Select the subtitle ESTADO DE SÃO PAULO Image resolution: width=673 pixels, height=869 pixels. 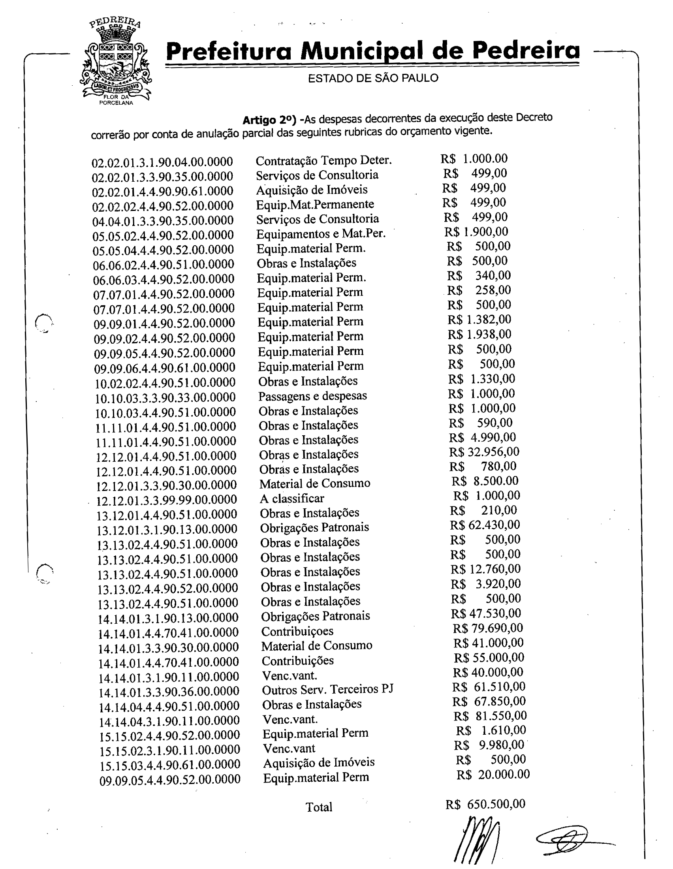tap(373, 77)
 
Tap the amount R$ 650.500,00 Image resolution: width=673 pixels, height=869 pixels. tap(485, 804)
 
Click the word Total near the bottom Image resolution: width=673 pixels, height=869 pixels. tap(319, 807)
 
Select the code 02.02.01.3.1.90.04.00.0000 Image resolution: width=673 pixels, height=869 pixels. tap(162, 162)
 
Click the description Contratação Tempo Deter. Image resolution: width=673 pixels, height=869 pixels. tap(323, 160)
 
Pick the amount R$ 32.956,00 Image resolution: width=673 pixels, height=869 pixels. tap(484, 451)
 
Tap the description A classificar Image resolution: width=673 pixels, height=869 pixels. tap(291, 498)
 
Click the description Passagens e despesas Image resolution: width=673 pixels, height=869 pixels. tap(312, 396)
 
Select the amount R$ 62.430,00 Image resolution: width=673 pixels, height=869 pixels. tap(485, 525)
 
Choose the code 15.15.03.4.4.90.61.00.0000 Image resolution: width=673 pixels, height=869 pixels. tap(170, 764)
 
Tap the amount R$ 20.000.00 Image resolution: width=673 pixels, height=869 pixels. tap(493, 774)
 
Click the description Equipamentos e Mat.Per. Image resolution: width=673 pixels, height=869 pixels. tap(321, 233)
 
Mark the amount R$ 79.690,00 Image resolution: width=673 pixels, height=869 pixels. tap(488, 628)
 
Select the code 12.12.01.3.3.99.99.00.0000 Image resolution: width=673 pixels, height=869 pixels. tap(167, 499)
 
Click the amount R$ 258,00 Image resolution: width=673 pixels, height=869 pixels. tap(479, 290)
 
